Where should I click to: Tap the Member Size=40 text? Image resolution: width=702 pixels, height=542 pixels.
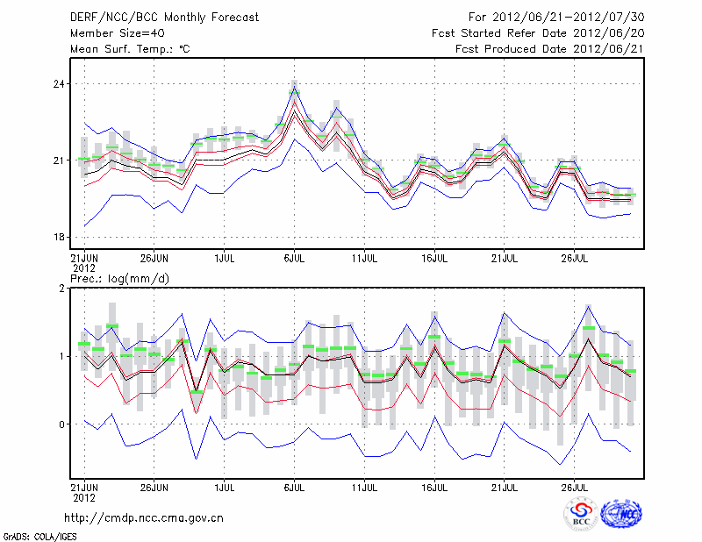[x=111, y=32]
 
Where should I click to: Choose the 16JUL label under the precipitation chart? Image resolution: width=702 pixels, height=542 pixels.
[x=434, y=485]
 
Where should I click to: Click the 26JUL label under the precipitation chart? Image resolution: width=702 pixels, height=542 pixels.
[x=574, y=485]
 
